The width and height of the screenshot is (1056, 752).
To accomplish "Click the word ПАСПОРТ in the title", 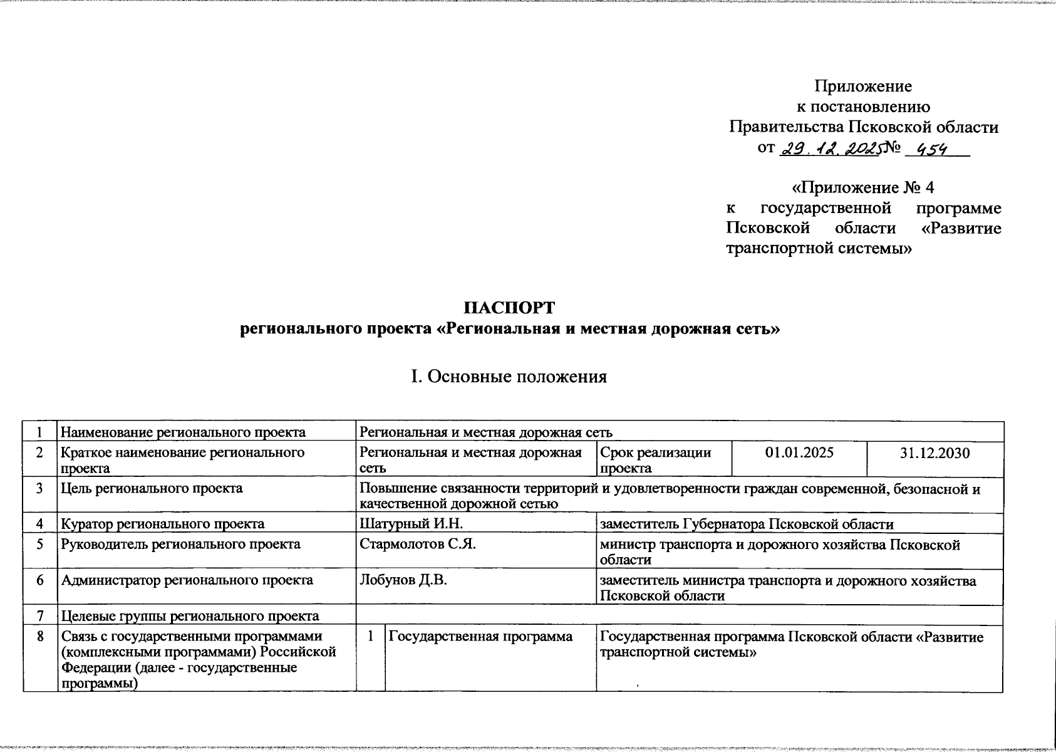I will [x=509, y=308].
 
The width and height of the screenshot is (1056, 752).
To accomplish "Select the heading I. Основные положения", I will [x=508, y=377].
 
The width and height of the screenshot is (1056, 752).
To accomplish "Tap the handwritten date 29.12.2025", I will [x=829, y=149].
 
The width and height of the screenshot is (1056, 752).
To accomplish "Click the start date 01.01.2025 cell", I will [x=799, y=453].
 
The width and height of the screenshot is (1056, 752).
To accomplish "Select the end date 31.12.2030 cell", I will [x=934, y=453].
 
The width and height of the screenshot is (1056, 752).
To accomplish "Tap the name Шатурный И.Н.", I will [x=411, y=524].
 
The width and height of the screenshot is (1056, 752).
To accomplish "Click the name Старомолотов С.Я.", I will [x=418, y=544].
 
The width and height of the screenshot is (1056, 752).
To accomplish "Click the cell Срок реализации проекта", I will [x=655, y=460].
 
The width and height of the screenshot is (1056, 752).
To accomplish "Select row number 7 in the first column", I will [x=40, y=616].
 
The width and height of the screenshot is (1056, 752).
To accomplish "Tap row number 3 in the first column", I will [x=40, y=488].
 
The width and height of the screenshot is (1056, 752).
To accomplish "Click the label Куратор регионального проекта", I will [x=162, y=524].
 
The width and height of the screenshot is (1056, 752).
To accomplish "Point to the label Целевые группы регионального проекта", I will [x=190, y=616].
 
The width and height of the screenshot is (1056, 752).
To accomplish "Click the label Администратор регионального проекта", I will [x=187, y=580].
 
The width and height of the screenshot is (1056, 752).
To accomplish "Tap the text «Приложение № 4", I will [x=863, y=188].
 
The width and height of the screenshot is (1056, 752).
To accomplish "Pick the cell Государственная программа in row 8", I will [x=480, y=637].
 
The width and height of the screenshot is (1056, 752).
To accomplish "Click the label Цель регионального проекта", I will [x=152, y=488].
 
